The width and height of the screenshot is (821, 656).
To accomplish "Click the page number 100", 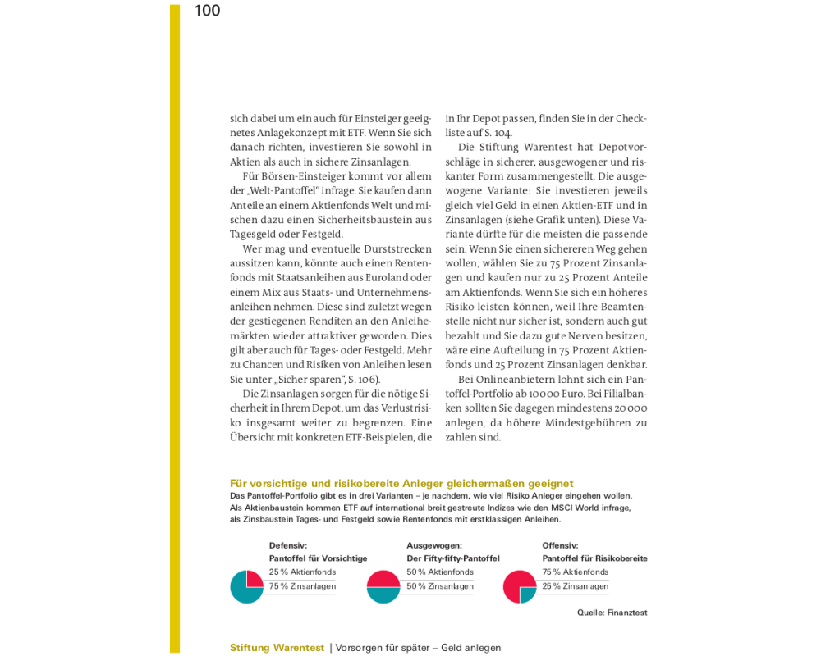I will coord(208,11).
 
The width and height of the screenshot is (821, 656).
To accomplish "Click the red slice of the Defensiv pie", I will coord(254,579).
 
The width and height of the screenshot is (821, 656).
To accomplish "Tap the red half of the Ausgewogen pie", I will coord(383,578).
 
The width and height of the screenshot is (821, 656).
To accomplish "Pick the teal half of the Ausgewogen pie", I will coord(383,595).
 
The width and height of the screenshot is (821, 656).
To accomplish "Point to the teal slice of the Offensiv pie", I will coord(527,594).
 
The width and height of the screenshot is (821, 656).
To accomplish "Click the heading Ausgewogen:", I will coord(434,545).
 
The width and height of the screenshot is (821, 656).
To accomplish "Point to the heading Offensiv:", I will coord(560,545).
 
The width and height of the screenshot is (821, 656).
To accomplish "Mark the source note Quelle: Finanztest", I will coord(612,613).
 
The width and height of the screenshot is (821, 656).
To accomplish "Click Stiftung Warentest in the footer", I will coord(277,648).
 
